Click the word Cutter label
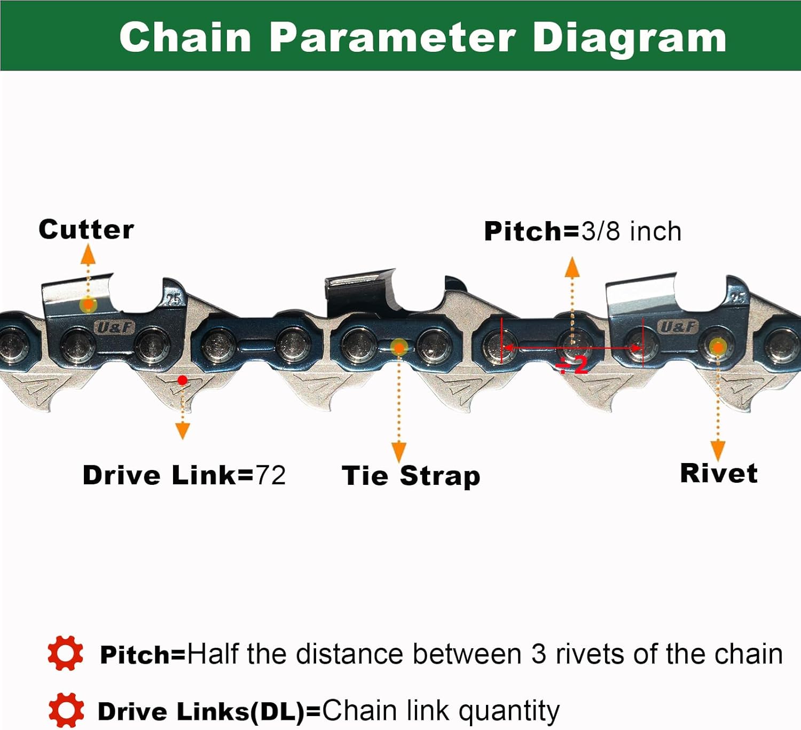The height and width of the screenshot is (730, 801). pos(86,230)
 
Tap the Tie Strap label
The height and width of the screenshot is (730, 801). pos(411,475)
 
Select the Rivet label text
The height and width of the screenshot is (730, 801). pos(718,473)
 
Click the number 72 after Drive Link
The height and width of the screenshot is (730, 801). pos(270,475)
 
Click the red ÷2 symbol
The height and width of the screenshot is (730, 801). pos(572,365)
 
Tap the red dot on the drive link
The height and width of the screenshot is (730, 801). pos(183,380)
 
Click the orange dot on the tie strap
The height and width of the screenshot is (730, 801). pos(398,348)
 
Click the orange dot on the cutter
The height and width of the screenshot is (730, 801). pos(88,305)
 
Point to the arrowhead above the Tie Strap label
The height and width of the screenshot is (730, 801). pos(398,451)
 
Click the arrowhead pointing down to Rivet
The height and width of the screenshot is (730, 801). pos(718,450)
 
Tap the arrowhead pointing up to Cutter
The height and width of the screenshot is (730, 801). pos(88,255)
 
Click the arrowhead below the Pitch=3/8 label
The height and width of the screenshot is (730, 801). pos(572,266)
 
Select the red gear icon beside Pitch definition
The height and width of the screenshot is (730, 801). pos(66,653)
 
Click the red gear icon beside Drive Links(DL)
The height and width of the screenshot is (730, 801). pos(66,710)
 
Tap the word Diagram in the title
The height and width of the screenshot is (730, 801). pos(630,37)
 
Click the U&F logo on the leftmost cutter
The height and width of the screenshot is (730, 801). pos(114,327)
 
